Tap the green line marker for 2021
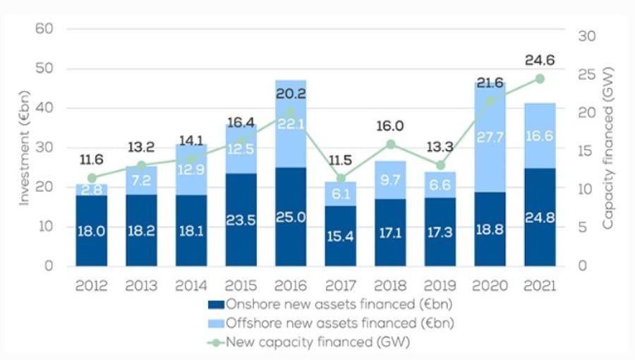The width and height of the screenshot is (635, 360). (540, 78)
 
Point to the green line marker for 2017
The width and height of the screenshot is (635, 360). (341, 179)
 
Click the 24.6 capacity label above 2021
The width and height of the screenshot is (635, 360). (540, 61)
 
